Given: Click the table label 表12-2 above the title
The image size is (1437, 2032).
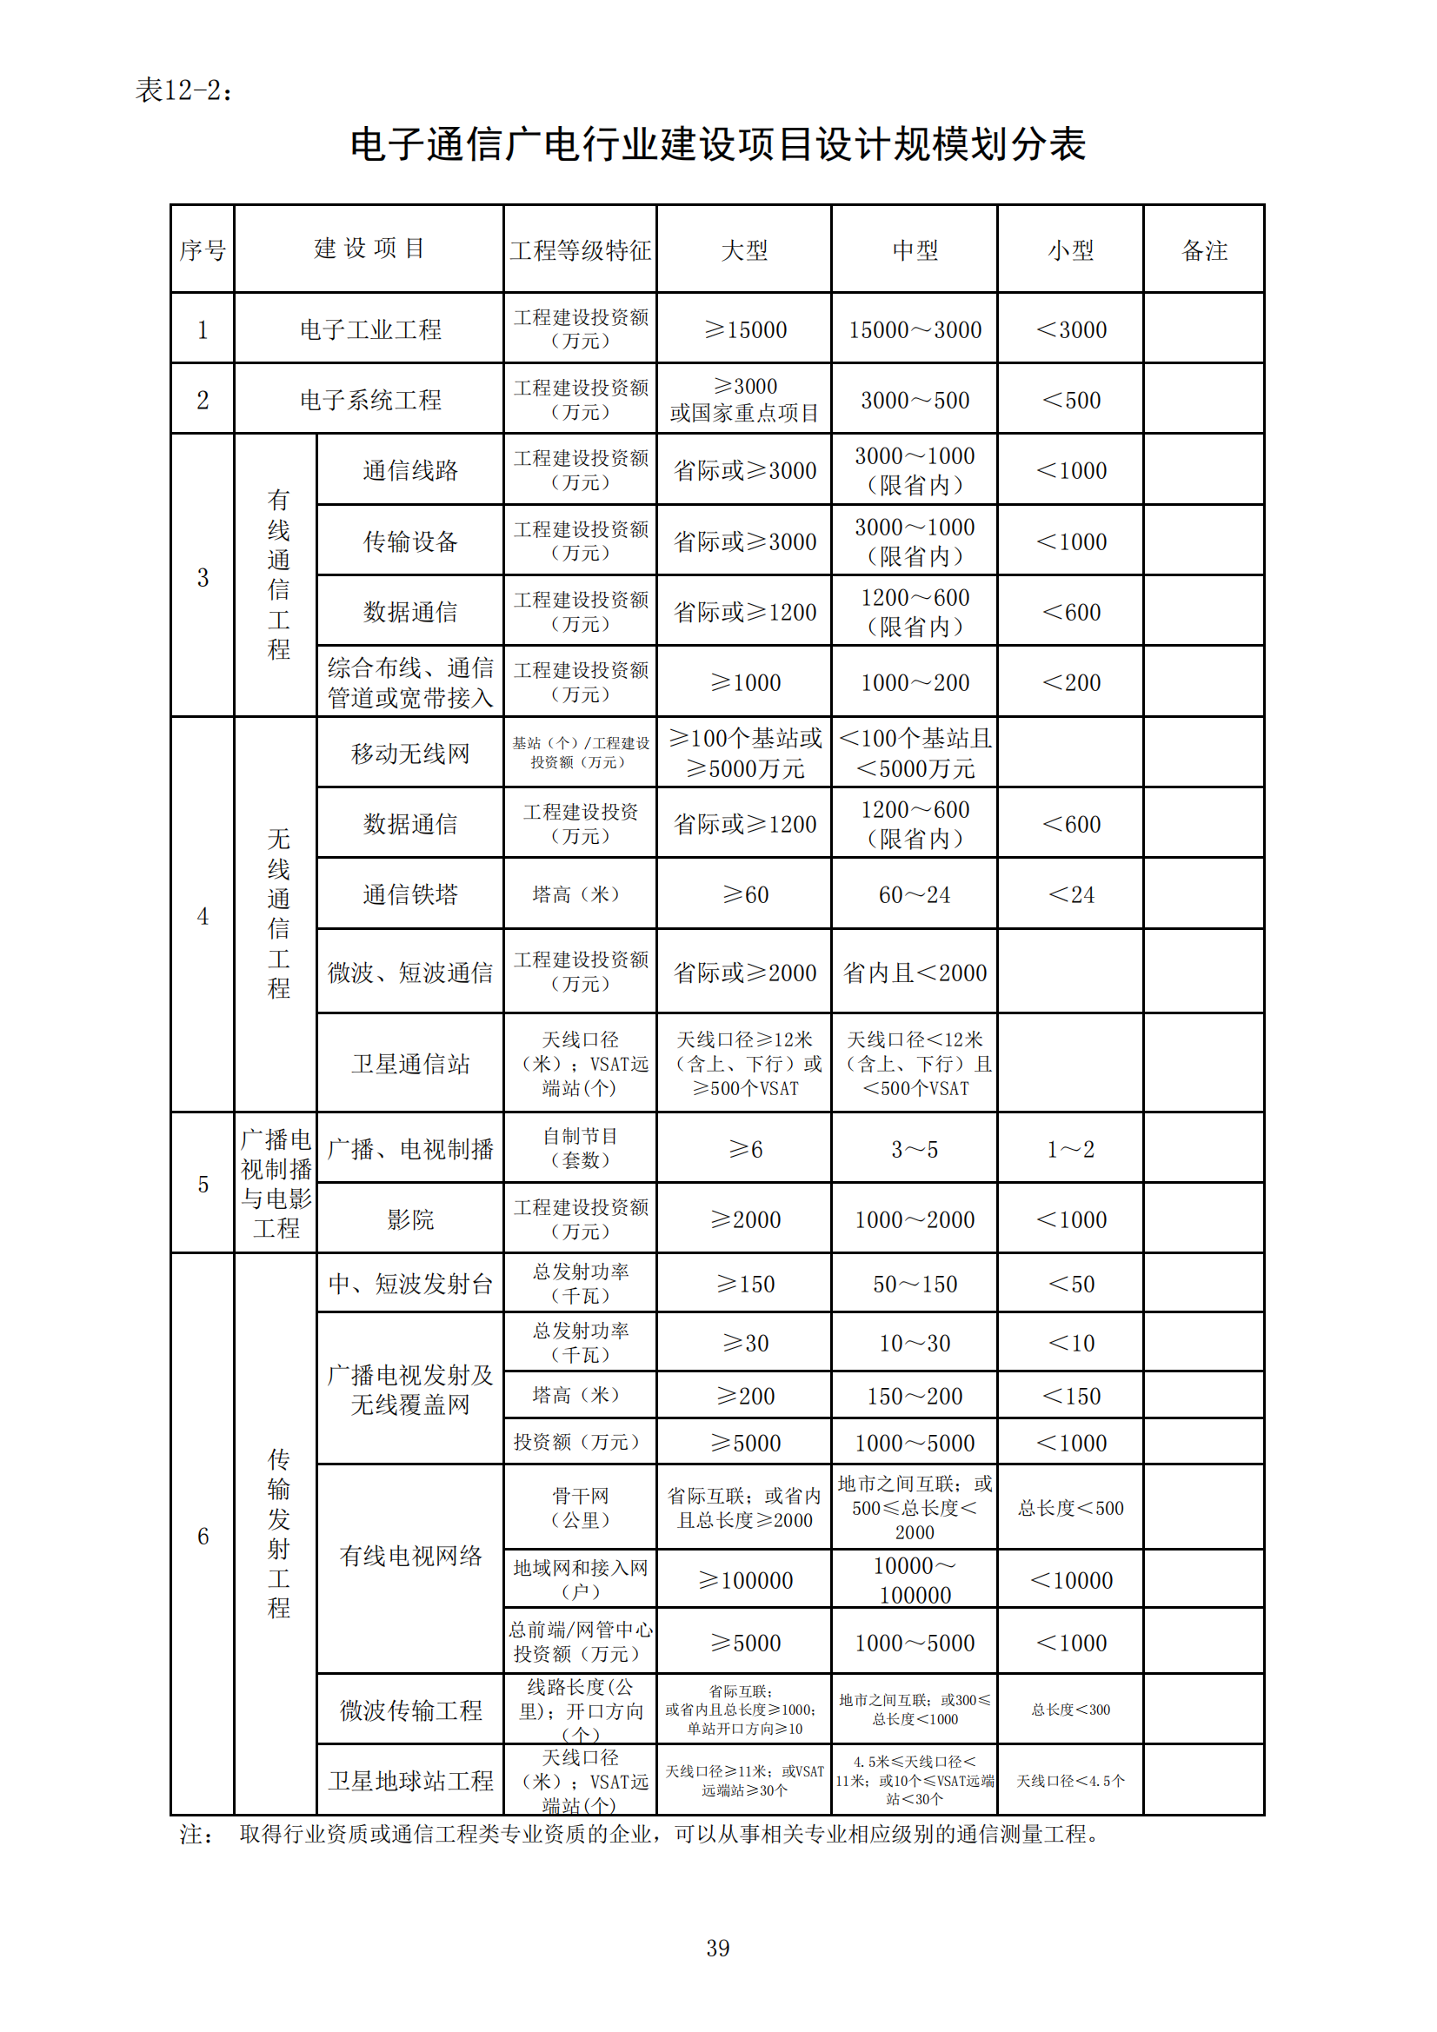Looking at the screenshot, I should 184,90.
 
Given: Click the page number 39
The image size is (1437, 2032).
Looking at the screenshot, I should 718,1948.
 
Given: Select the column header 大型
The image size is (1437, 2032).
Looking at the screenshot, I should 745,250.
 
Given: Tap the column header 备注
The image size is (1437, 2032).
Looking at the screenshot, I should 1204,250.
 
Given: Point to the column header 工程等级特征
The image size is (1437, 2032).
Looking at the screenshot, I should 581,250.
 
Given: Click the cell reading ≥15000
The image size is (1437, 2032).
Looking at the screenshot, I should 745,330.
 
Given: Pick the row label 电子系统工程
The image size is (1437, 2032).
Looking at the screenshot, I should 370,400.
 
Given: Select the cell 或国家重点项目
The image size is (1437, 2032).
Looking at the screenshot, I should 745,414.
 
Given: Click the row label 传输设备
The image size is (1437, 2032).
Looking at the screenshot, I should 410,541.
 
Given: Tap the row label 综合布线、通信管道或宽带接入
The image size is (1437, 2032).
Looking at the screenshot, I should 410,682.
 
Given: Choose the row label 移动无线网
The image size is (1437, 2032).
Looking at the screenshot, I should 410,754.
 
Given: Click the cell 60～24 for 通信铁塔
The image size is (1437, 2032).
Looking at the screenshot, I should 915,894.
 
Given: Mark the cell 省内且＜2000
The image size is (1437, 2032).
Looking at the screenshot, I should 915,973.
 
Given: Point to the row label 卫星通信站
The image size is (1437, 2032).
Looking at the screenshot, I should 410,1064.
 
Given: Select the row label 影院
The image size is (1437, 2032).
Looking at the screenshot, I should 410,1219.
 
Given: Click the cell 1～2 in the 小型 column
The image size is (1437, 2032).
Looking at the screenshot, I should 1070,1150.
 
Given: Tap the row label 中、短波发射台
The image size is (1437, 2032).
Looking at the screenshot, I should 410,1284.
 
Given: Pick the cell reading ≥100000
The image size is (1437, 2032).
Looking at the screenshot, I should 745,1580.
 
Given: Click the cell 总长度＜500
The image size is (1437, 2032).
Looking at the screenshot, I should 1070,1508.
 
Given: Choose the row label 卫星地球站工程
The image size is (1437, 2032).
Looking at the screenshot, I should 410,1781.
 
